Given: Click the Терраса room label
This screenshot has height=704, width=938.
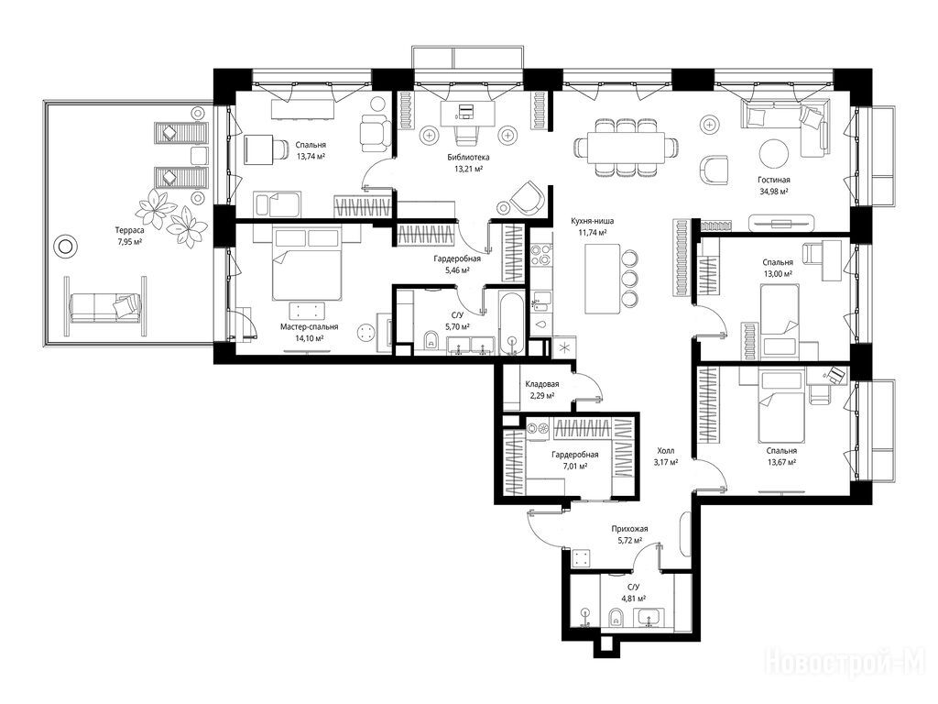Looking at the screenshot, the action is coord(129,230).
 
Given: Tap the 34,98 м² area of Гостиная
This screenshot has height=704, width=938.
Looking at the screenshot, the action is coord(773,192).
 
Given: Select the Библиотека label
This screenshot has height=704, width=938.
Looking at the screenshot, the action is coord(468,158).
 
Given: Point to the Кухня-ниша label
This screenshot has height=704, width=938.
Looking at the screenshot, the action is coord(593,221).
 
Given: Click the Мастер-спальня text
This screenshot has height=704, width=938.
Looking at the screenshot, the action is coord(310,327).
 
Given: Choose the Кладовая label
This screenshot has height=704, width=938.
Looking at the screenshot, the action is coord(542,384).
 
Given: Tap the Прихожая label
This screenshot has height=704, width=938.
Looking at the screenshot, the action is coord(629,529).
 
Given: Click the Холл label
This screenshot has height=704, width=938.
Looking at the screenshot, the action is coord(665,451).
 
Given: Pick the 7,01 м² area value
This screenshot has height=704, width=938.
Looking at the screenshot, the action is coord(574,467).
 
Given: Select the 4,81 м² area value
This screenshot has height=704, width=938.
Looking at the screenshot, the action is coord(633,598).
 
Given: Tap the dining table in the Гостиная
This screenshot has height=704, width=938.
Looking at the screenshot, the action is coord(626,148).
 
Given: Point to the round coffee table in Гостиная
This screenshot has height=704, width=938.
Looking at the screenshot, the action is coord(774,154).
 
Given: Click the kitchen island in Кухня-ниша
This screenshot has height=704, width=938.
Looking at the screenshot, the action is coord(602,279).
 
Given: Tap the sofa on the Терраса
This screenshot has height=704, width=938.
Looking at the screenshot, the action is coord(105,309).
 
